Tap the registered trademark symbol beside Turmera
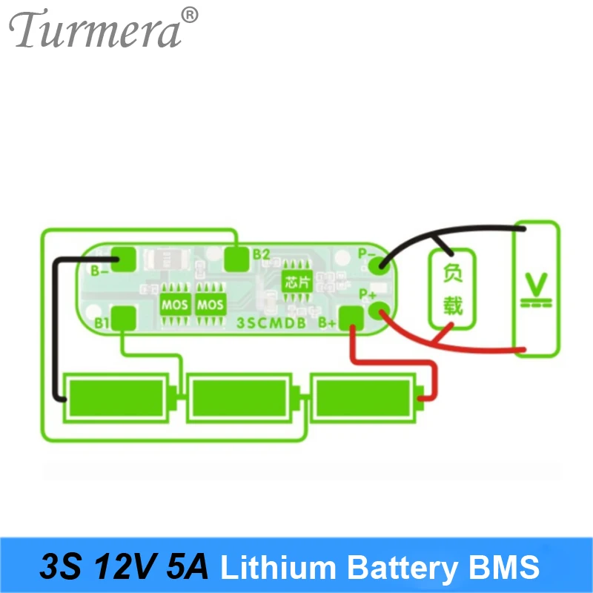(191, 14)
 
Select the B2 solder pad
(237, 257)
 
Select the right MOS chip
(211, 304)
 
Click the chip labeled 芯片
(294, 282)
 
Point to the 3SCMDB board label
(273, 323)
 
